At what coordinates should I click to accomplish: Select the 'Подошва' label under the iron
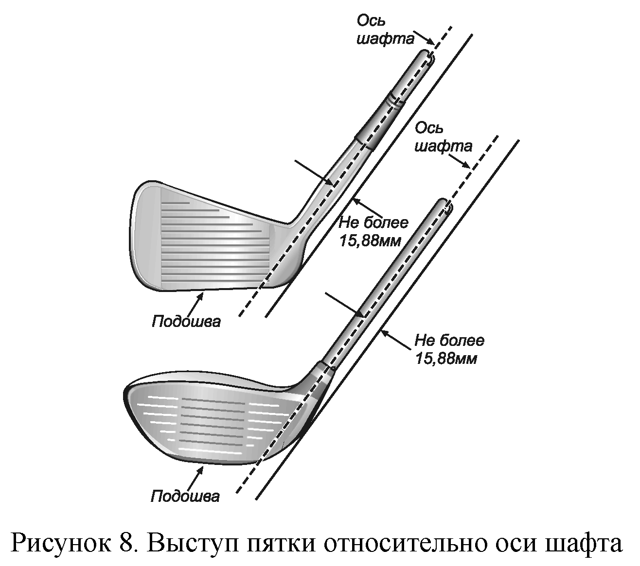click(186, 321)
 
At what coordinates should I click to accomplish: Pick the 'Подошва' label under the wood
click(185, 496)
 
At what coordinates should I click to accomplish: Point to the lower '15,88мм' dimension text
click(446, 359)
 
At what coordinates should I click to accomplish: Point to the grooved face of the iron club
click(214, 243)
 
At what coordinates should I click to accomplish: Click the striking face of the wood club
click(214, 423)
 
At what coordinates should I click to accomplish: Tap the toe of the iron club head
click(139, 233)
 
